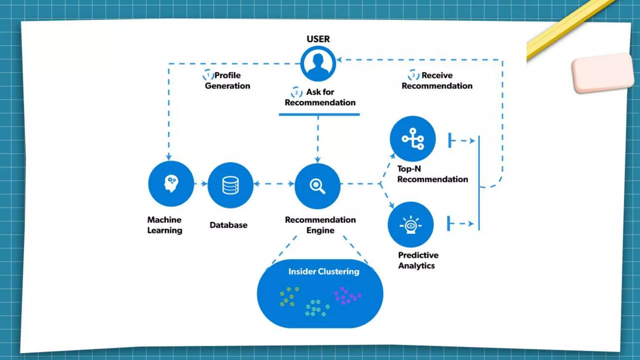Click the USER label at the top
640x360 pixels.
(318, 39)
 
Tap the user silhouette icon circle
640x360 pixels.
(318, 64)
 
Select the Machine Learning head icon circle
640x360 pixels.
(171, 184)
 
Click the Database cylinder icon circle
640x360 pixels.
(231, 185)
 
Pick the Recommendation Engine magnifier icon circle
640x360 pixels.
(317, 186)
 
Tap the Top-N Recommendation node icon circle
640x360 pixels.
(413, 139)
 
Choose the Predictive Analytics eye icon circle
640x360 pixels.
(411, 225)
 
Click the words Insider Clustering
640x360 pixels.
(324, 272)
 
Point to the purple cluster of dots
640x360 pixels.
(347, 295)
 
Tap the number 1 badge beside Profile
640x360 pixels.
(208, 75)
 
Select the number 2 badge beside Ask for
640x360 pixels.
(296, 92)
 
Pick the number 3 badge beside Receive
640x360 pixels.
(413, 75)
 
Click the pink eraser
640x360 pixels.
(602, 73)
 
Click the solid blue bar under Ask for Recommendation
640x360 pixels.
(319, 115)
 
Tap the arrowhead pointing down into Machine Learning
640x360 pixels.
(169, 157)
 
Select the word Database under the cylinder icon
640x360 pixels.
(228, 225)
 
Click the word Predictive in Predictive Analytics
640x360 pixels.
(418, 255)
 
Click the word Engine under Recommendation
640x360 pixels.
(320, 230)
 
